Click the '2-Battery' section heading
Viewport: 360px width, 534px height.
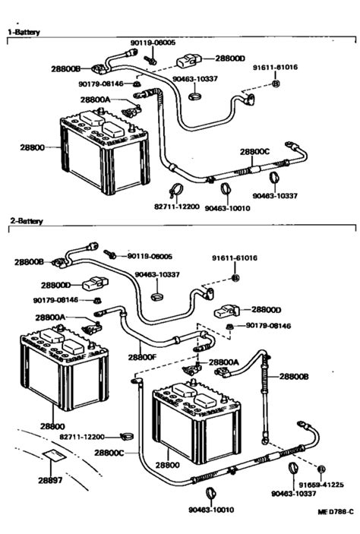point(25,221)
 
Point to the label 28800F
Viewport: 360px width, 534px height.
point(142,356)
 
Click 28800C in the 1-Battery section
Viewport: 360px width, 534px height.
point(254,150)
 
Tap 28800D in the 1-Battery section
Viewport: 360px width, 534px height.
point(230,58)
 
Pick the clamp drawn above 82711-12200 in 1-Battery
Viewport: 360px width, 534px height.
point(173,191)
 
